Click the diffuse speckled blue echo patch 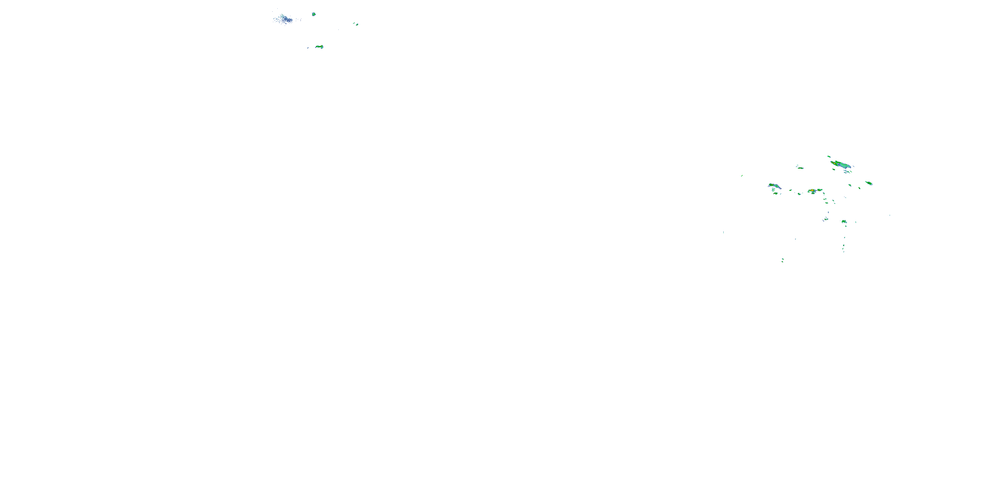tap(284, 19)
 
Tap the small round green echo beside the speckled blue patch tap(314, 14)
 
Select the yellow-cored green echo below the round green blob tap(320, 47)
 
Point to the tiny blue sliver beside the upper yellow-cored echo tap(308, 48)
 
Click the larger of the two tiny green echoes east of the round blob tap(357, 24)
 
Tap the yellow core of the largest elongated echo tap(835, 162)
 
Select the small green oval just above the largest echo tap(829, 157)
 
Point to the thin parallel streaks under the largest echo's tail tap(847, 171)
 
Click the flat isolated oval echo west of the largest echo tap(800, 168)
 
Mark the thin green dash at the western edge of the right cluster tap(742, 176)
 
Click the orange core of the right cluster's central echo tap(812, 191)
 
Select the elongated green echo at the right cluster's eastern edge tap(869, 183)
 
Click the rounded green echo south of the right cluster tap(844, 222)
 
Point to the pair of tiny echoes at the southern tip tap(783, 260)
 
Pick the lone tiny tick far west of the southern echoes tap(723, 232)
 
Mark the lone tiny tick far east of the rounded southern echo tap(890, 215)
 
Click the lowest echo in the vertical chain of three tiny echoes tap(844, 251)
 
